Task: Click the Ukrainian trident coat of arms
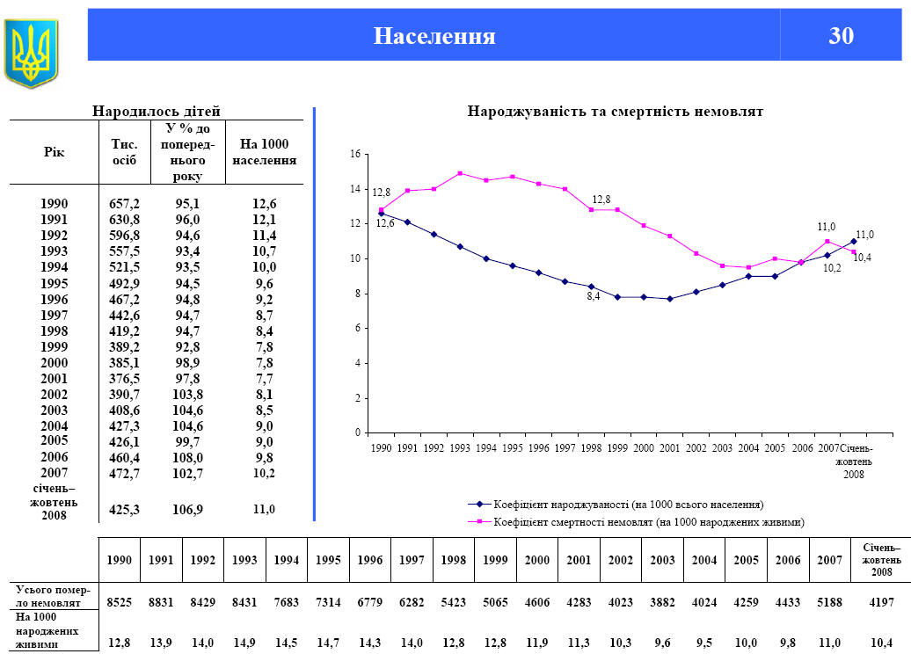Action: [x=31, y=53]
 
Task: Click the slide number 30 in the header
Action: [x=841, y=36]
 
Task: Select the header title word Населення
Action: [x=434, y=36]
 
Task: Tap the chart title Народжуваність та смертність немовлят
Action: [x=615, y=112]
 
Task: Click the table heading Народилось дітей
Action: [x=157, y=111]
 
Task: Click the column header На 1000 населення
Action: [x=264, y=152]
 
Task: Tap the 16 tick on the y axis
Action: [x=355, y=154]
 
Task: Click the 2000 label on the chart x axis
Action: [x=644, y=447]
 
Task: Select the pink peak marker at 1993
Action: [x=460, y=173]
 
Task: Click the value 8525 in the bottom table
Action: [x=120, y=603]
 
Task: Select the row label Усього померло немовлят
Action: [x=53, y=596]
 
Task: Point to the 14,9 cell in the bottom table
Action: [x=244, y=642]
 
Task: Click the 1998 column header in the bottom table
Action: [x=454, y=560]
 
